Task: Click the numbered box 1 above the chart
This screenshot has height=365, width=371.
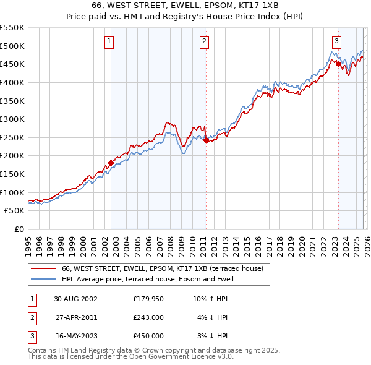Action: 109,41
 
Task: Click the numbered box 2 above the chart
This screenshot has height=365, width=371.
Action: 203,41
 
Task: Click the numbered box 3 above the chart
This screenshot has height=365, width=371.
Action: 336,41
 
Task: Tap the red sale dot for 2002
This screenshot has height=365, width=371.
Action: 111,163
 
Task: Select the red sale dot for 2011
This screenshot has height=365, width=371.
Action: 206,140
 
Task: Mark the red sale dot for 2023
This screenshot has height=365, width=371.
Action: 338,64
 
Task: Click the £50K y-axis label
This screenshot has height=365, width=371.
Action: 15,211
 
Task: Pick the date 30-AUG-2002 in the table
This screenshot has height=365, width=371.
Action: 75,299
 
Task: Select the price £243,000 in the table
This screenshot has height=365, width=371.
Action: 148,317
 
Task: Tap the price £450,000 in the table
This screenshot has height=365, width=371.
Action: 148,336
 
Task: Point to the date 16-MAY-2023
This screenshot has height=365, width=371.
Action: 75,336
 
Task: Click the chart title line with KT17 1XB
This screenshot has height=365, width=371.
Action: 185,7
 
